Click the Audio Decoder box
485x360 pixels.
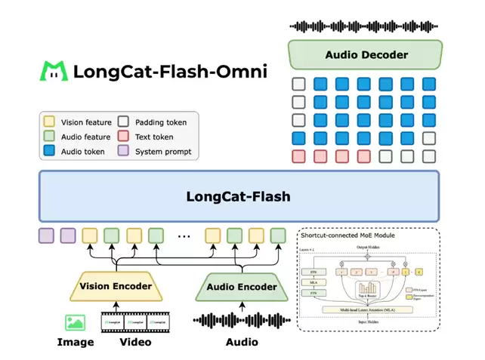pos(366,55)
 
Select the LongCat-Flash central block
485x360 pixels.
pos(239,197)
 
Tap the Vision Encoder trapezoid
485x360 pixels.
pos(116,287)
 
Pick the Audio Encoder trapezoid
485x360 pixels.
pos(241,287)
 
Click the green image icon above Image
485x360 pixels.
pos(76,322)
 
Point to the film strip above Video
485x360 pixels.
pos(136,322)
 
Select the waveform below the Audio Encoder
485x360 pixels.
pos(241,321)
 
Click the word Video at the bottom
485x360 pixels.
pos(136,342)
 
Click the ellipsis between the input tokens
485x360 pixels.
pos(184,235)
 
